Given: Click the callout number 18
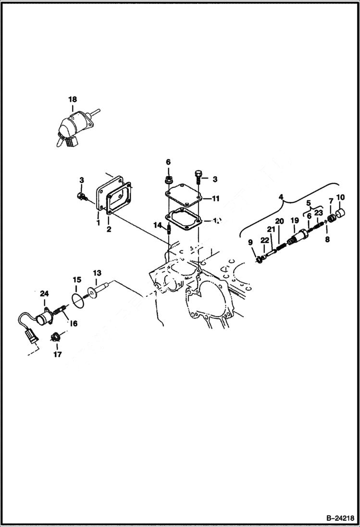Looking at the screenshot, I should tap(72, 99).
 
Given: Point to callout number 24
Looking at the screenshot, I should tap(44, 294).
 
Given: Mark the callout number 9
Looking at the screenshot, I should tap(250, 242).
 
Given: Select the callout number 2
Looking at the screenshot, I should tap(109, 230).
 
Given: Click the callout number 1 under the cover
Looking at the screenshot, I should tap(98, 223).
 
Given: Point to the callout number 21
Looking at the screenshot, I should tap(271, 230).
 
